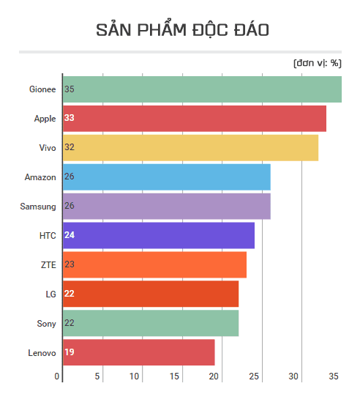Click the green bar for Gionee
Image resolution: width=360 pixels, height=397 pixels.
click(x=202, y=89)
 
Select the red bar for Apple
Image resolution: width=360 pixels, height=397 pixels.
click(x=195, y=118)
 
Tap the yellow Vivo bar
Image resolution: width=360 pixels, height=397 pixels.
click(x=190, y=147)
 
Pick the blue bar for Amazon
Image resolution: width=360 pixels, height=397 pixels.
click(x=167, y=177)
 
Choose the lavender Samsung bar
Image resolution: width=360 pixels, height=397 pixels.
click(x=167, y=206)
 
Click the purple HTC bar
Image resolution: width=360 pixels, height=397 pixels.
click(x=159, y=235)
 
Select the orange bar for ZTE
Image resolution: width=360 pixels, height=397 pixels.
click(x=154, y=264)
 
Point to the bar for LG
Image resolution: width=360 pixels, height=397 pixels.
click(x=151, y=294)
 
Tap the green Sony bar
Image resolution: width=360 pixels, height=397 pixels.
click(x=151, y=323)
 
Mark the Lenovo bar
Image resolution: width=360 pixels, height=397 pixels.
click(x=139, y=352)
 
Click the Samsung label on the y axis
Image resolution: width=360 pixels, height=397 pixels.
click(x=38, y=207)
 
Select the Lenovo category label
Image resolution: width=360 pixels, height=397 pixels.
click(x=42, y=353)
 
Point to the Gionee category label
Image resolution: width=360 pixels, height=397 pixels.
click(x=42, y=89)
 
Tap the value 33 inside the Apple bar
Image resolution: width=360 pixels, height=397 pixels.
click(x=70, y=118)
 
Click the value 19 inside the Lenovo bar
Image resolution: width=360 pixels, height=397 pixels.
click(x=70, y=352)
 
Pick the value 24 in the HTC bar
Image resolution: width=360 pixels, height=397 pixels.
click(x=70, y=235)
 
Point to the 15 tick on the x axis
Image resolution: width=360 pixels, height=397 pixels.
click(x=174, y=376)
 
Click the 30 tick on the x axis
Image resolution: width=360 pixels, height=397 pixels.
click(x=293, y=376)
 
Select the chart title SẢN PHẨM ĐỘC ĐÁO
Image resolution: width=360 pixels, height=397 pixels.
click(x=182, y=30)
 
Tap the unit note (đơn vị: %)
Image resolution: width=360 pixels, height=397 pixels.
click(x=317, y=63)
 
